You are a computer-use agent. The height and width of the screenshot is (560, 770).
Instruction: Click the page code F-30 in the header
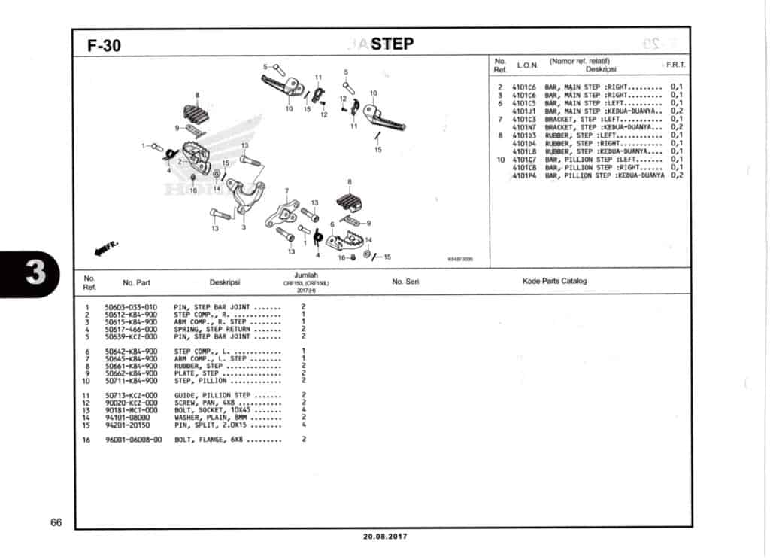(104, 46)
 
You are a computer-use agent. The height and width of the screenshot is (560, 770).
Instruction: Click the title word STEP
(392, 44)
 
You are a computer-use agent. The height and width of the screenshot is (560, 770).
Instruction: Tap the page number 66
(56, 522)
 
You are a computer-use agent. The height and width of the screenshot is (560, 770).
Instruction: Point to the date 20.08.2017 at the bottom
(384, 537)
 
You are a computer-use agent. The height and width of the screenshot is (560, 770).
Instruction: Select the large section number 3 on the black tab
(35, 274)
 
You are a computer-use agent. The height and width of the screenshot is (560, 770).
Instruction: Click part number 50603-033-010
(132, 307)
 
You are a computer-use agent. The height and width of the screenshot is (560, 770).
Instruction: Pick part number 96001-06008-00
(133, 440)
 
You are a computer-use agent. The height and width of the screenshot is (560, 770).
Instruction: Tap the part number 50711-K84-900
(132, 381)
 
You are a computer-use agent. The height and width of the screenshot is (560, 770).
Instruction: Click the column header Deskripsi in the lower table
(224, 283)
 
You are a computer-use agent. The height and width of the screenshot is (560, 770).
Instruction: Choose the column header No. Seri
(405, 282)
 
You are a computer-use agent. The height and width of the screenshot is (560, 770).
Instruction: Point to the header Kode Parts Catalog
(554, 282)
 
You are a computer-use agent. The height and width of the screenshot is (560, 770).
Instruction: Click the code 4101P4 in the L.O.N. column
(523, 175)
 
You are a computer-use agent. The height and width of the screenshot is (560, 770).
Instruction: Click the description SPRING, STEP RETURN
(223, 330)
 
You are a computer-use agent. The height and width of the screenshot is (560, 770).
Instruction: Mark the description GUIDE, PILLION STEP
(223, 395)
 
